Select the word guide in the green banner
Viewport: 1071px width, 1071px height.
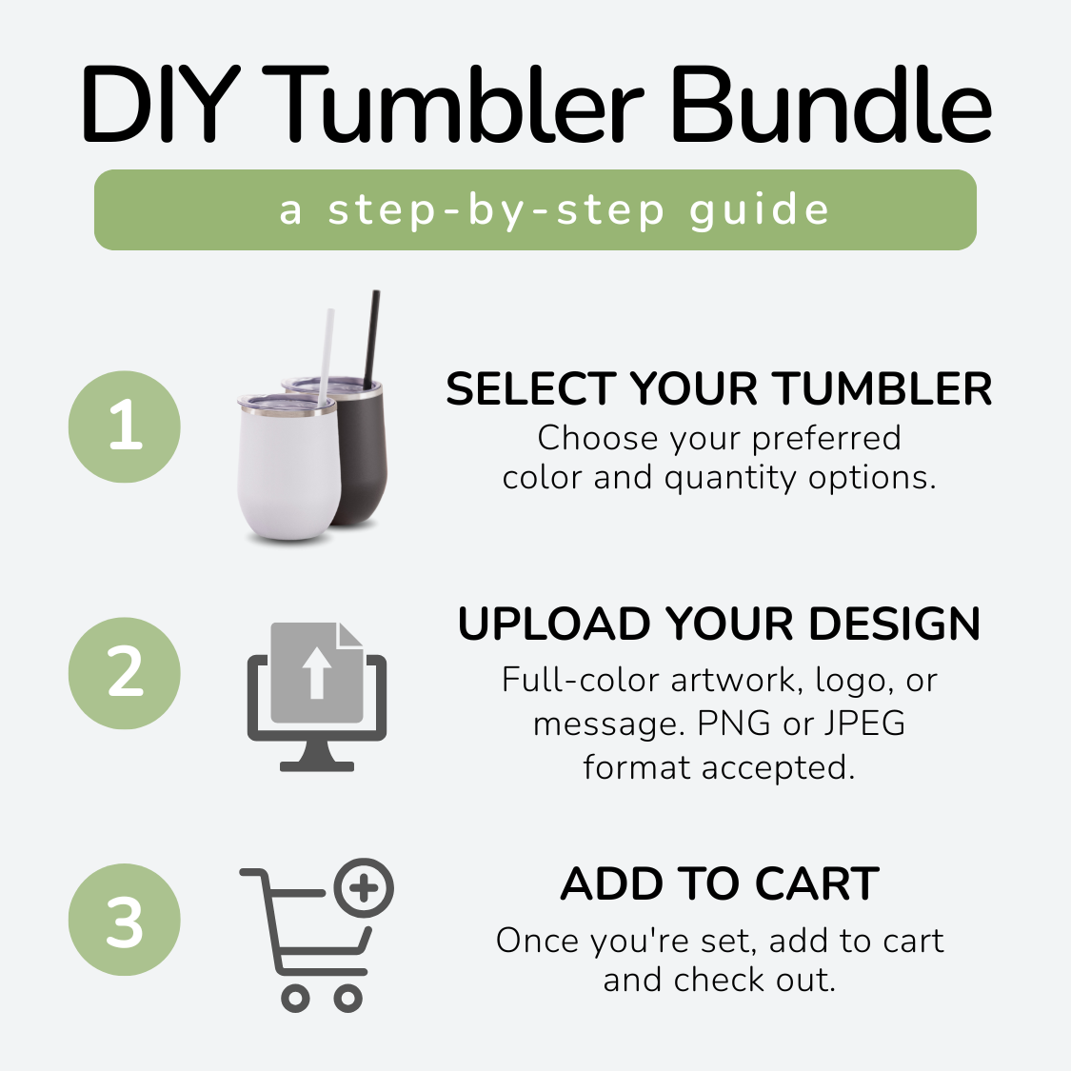760,211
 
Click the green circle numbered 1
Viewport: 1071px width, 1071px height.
125,426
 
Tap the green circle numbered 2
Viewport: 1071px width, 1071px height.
125,673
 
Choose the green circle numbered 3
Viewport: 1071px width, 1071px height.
125,920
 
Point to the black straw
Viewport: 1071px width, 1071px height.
371,339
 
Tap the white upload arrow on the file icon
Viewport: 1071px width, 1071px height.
316,673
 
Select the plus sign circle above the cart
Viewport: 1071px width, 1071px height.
364,888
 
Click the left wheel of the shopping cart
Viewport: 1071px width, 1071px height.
295,999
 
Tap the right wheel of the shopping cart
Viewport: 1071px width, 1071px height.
347,999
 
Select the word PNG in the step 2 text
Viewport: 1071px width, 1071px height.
734,724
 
